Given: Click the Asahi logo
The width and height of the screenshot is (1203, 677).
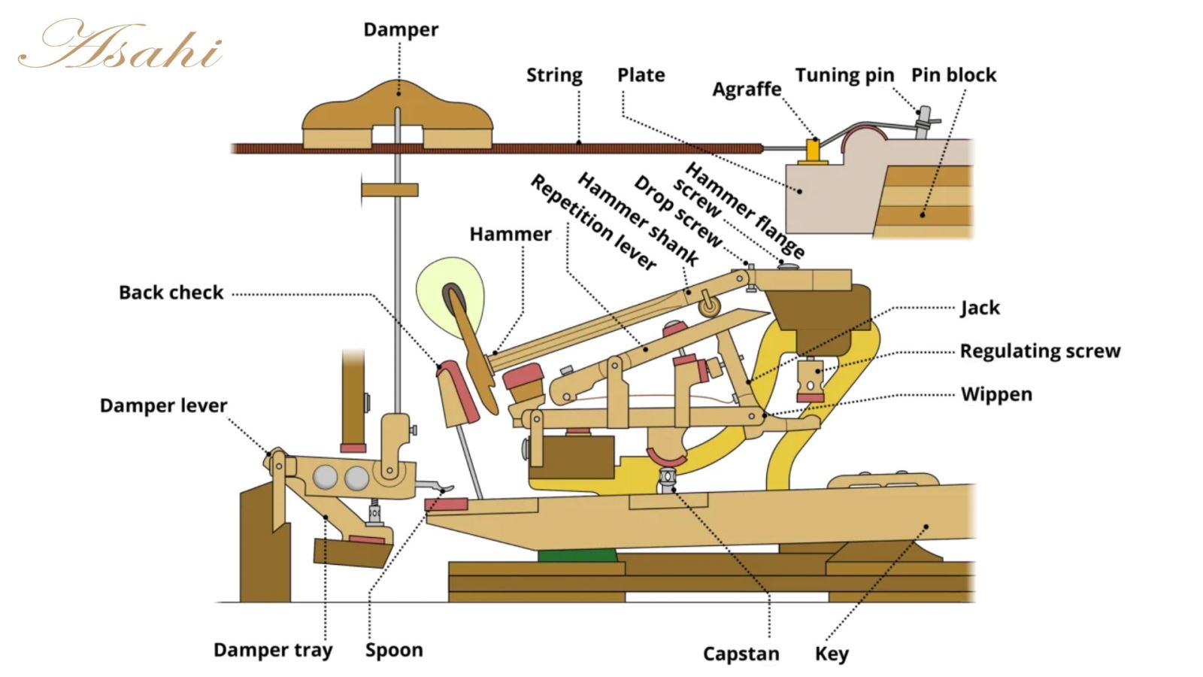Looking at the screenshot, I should click(120, 45).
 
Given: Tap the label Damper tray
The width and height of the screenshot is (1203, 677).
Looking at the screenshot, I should click(272, 650).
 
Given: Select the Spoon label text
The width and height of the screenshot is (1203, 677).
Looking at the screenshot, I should click(394, 650).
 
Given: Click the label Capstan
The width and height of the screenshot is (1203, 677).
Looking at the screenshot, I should click(741, 654).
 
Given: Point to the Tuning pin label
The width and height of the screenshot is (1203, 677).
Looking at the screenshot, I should click(844, 75).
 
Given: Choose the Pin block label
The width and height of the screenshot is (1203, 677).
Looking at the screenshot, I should click(953, 75).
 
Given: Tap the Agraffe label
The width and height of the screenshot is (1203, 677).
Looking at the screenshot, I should click(747, 90).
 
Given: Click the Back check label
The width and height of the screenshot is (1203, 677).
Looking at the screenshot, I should click(171, 293).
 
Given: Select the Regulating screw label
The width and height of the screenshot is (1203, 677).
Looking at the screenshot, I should click(1040, 351).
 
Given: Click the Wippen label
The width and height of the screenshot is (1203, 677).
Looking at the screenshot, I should click(996, 394).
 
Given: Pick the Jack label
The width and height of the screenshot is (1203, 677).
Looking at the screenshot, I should click(980, 308).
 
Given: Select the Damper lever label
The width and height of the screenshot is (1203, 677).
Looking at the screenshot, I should click(163, 405).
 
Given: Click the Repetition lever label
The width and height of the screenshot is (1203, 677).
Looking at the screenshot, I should click(593, 222).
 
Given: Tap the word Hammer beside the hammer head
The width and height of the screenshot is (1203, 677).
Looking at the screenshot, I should click(511, 234).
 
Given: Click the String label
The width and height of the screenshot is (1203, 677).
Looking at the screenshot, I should click(554, 75).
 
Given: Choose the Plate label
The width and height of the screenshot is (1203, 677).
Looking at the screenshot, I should click(641, 75).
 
